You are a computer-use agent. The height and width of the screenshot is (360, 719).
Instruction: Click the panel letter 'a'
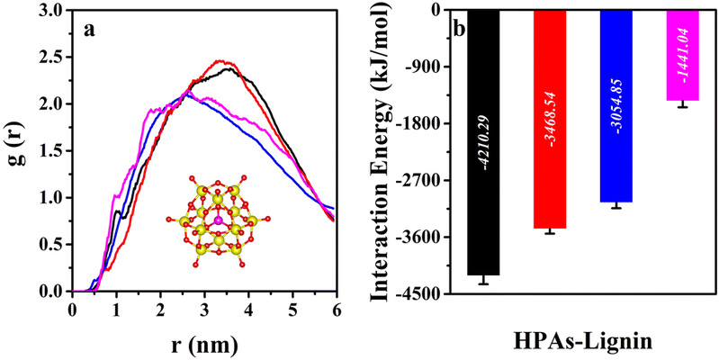(91, 28)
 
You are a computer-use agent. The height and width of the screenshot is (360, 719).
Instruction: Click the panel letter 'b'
(458, 28)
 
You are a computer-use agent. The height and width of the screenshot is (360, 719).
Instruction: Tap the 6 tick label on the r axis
(337, 309)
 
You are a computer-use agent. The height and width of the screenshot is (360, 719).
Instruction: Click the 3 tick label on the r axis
(204, 309)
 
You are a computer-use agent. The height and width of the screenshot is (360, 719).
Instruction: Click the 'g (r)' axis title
(17, 151)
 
